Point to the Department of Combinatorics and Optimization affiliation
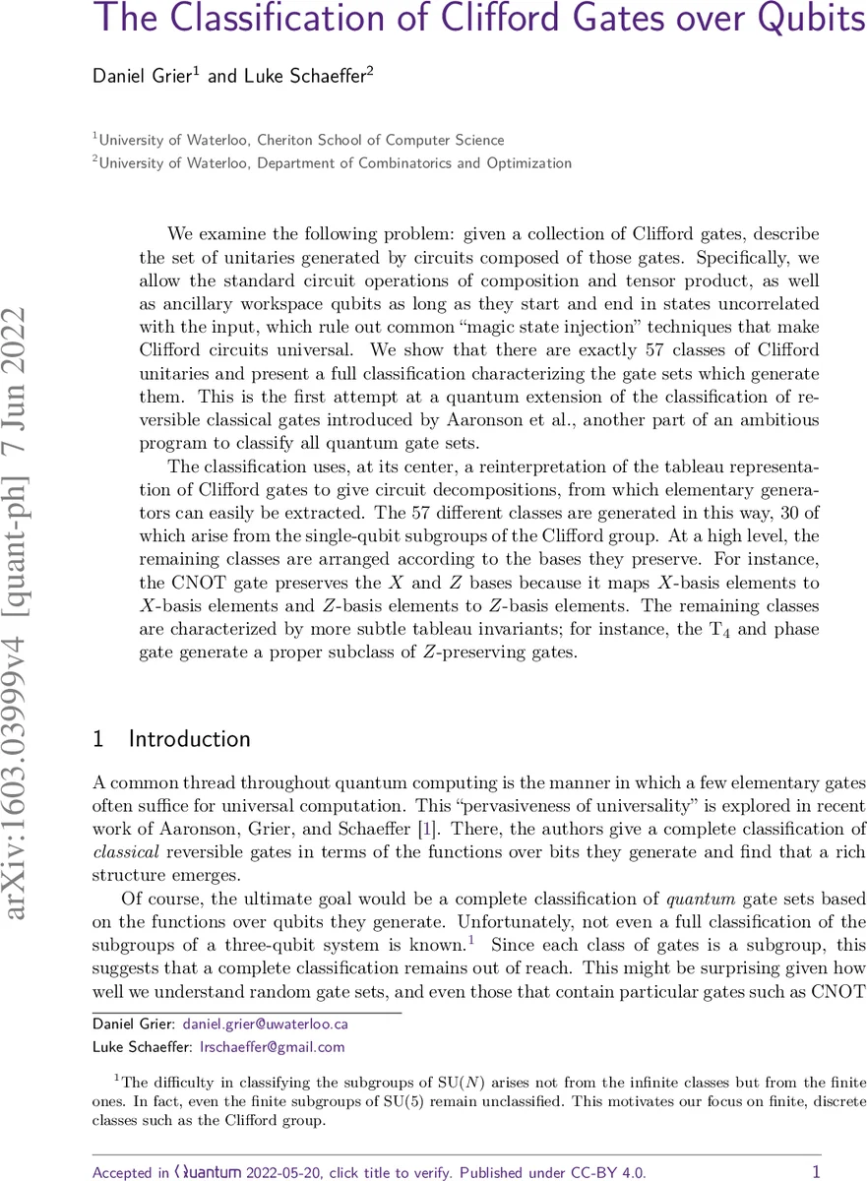tap(413, 162)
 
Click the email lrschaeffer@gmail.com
tap(273, 1047)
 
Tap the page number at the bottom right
tap(816, 1170)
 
